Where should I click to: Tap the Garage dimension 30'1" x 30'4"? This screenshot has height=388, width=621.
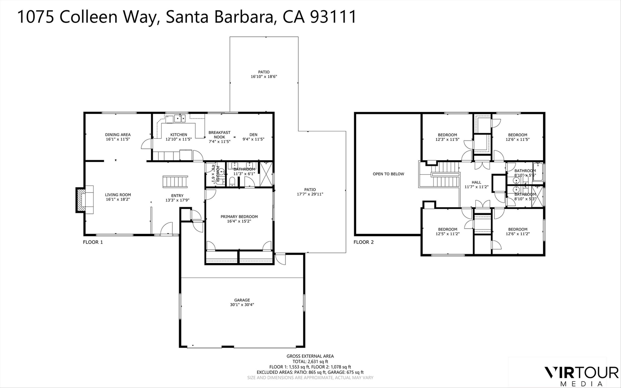point(242,305)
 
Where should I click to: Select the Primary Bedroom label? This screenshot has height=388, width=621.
point(239,217)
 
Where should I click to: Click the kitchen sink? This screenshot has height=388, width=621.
point(180,119)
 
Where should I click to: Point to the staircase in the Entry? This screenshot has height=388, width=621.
point(175,182)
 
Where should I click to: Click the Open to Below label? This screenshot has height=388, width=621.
point(388,174)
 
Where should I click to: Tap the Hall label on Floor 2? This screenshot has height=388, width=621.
point(476,182)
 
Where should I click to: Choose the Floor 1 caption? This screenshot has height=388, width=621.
point(93,242)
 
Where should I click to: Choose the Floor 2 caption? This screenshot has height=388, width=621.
point(363,242)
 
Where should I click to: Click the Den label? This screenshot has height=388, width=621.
point(253,135)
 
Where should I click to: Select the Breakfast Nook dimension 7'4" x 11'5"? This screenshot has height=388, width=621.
point(219,141)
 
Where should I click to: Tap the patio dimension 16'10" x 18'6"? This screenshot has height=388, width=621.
point(264,77)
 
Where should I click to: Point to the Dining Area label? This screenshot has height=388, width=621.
point(118,135)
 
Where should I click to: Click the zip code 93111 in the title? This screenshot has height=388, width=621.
point(333,17)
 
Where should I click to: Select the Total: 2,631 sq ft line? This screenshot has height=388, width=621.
point(310,362)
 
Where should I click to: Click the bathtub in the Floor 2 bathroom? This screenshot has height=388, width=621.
point(538,172)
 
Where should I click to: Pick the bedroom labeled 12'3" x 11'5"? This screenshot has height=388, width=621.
point(447,137)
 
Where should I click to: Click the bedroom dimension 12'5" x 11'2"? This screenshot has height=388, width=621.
point(448,234)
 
